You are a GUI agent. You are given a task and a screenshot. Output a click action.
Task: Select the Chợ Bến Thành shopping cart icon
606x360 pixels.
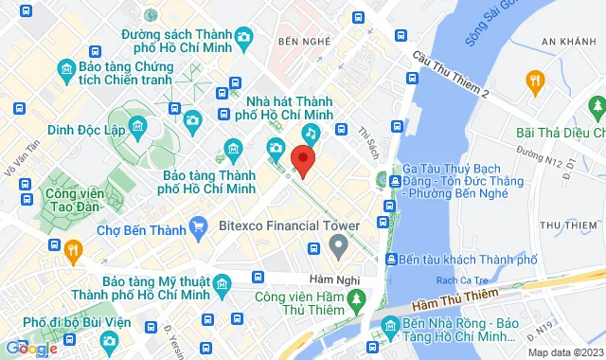[x=198, y=226]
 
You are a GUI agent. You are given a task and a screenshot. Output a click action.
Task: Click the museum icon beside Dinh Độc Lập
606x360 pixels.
[x=137, y=126]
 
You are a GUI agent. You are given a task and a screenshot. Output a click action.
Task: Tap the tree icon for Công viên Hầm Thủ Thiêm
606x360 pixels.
[x=356, y=300]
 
